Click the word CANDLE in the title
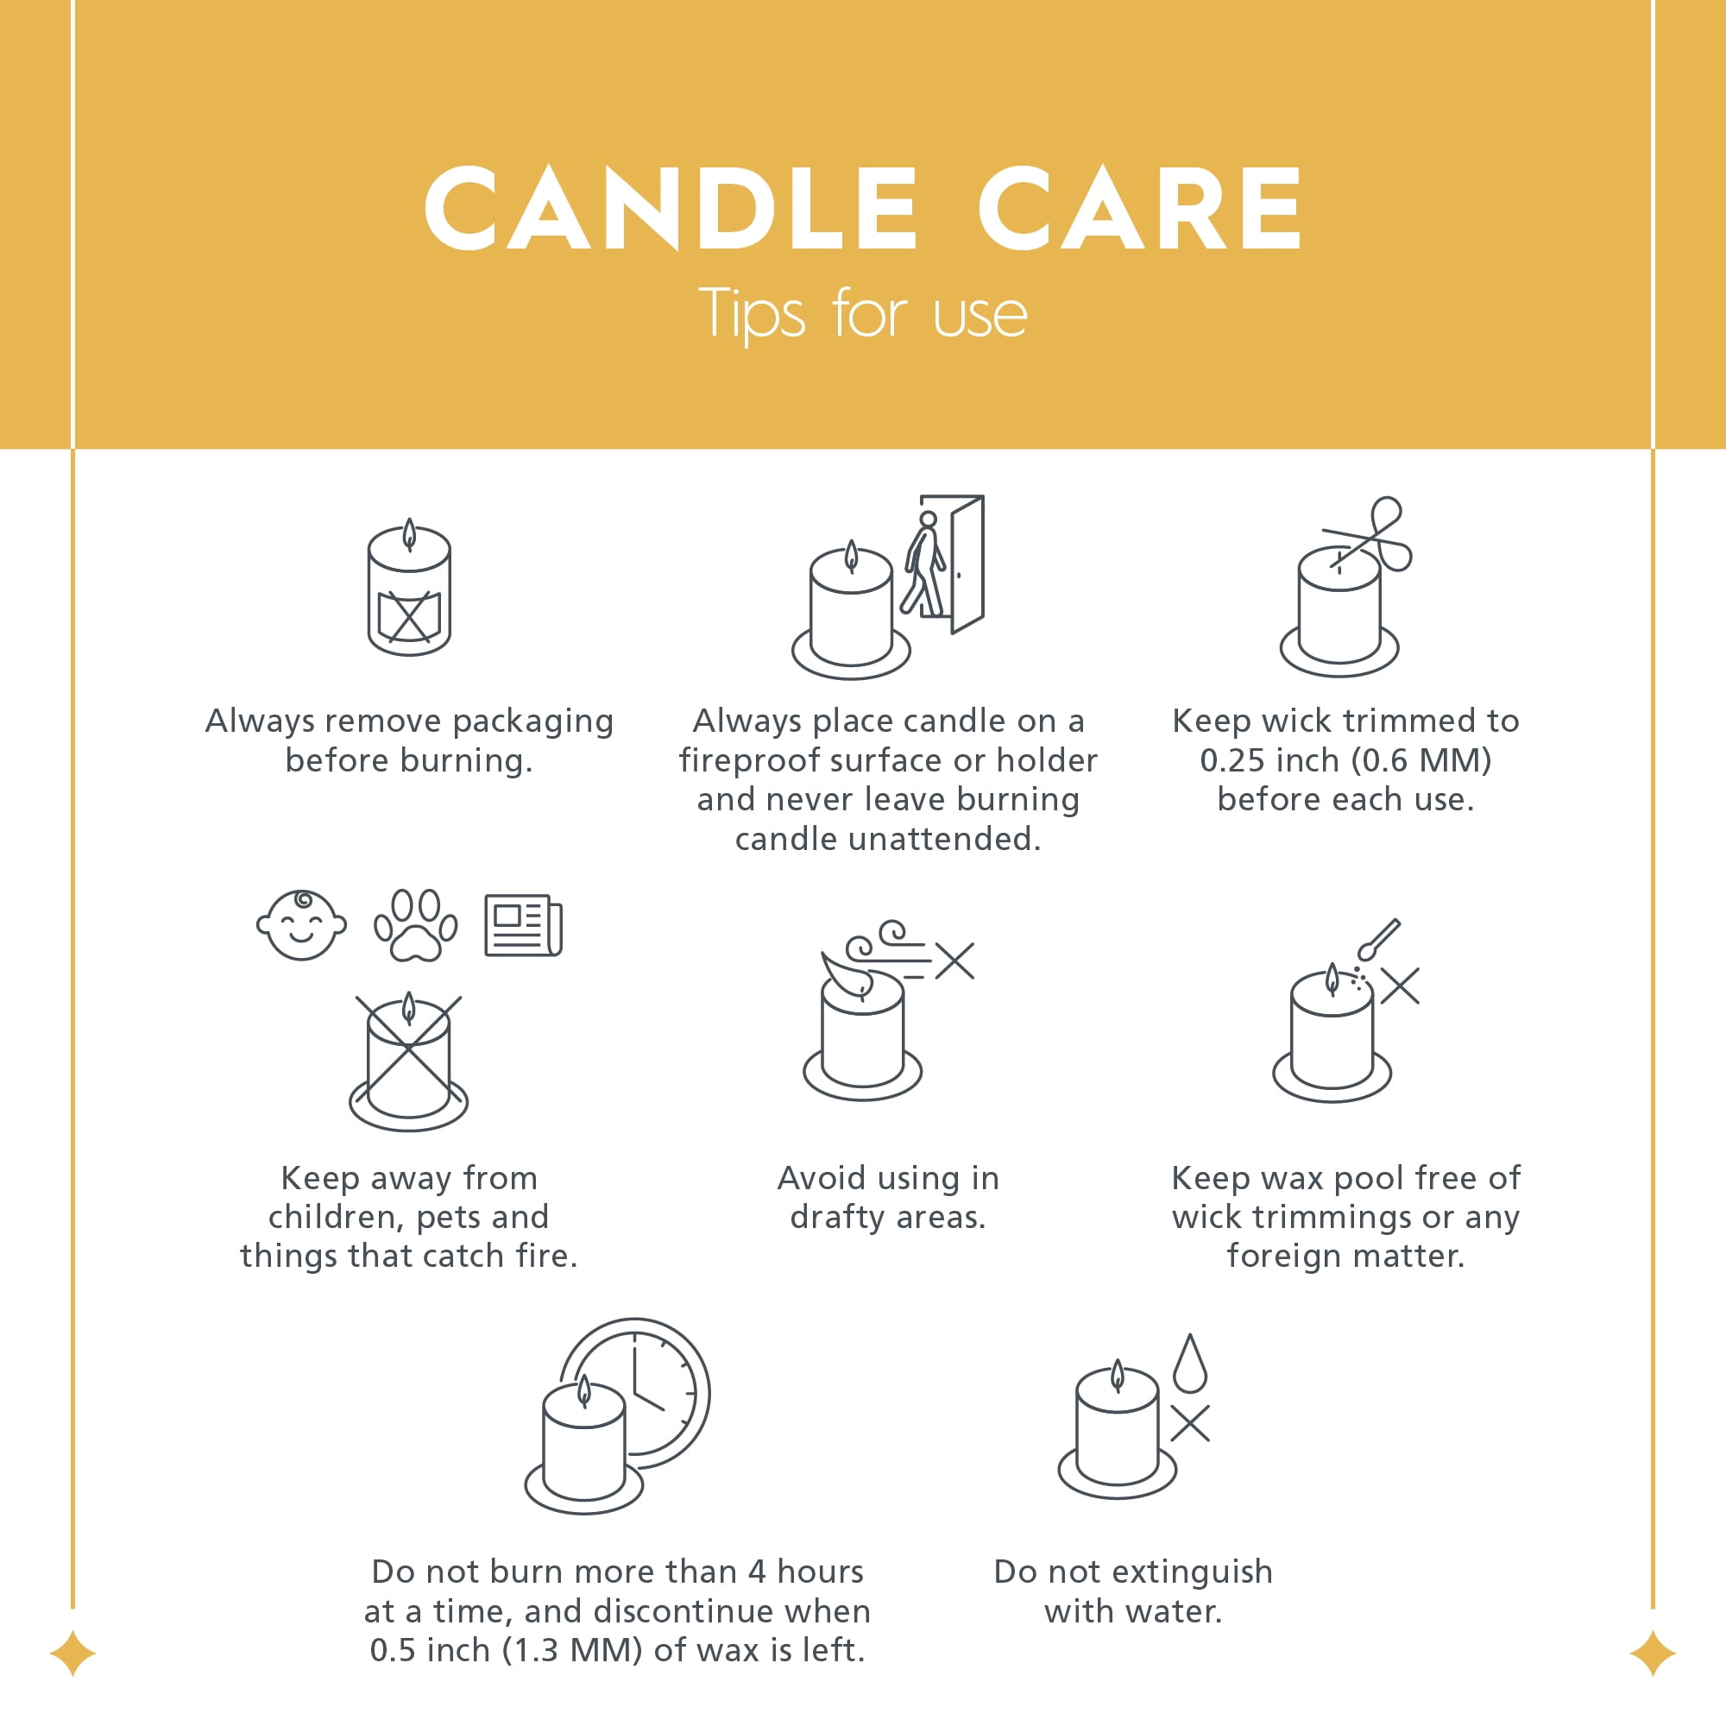pos(671,208)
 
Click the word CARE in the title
pos(1141,208)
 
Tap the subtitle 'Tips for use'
pos(863,314)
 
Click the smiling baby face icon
pos(301,924)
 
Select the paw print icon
pos(415,925)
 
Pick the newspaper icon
pos(524,925)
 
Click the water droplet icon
pos(1190,1364)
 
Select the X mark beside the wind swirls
pos(955,961)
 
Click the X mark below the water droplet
pos(1190,1424)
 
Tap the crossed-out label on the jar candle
pos(409,615)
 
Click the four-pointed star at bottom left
pos(73,1653)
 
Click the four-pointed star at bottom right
pos(1653,1653)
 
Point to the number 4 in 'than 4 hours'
pos(757,1572)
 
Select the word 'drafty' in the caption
pos(837,1217)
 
